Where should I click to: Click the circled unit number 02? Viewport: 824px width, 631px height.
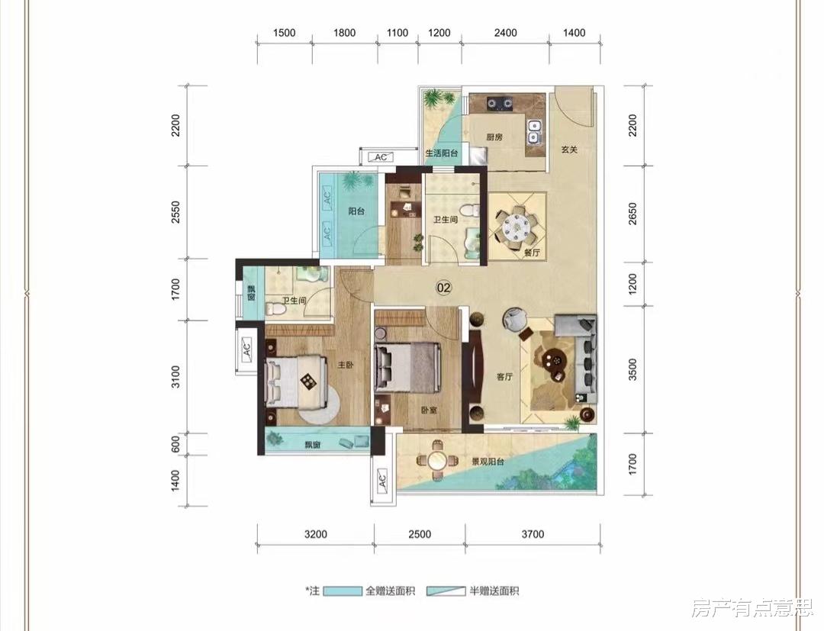coord(443,288)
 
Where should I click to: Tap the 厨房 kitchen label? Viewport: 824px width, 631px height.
coord(494,138)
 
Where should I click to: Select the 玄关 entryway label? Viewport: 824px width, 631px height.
coord(569,150)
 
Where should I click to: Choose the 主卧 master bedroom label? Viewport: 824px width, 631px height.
coord(346,365)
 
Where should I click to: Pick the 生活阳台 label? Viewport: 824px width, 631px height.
coord(440,153)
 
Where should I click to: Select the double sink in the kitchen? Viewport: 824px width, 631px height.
coord(534,131)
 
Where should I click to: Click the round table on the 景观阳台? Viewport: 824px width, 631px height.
coord(436,460)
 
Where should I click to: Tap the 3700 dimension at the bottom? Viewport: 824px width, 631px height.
coord(533,534)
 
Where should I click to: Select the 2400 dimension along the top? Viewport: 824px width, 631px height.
coord(506,33)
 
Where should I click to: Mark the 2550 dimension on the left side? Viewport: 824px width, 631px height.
coord(176,212)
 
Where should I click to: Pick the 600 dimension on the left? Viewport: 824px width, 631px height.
coord(176,444)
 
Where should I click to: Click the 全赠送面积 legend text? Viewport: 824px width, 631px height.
coord(390,591)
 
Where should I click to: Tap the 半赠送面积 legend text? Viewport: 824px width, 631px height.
coord(494,591)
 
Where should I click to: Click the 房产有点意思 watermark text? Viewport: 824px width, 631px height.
coord(752,608)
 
